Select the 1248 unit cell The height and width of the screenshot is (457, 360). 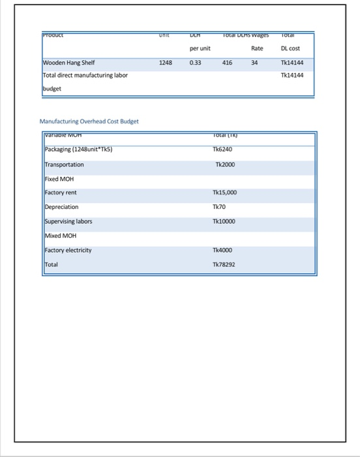coord(166,63)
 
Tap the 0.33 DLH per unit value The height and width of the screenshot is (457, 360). coord(195,63)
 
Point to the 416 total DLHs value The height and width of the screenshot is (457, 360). coord(227,63)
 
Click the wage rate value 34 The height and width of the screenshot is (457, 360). coord(255,63)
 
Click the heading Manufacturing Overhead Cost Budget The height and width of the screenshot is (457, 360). coord(89,121)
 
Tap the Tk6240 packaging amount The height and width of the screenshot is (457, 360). coord(222,150)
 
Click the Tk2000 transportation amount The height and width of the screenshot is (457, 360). coord(224,165)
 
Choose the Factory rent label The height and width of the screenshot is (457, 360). coord(61,193)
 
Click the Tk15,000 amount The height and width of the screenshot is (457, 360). coord(225,193)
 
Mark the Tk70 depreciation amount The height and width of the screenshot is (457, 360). coord(219,207)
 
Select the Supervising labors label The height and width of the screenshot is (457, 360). coord(68,221)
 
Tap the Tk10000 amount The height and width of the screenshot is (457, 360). coord(224,221)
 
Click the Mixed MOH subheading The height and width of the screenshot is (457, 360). coord(61,236)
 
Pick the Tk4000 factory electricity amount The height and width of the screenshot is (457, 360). coord(222,250)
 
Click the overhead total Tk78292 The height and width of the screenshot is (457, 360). coord(224,265)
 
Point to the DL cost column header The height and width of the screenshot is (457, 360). coord(290,48)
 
